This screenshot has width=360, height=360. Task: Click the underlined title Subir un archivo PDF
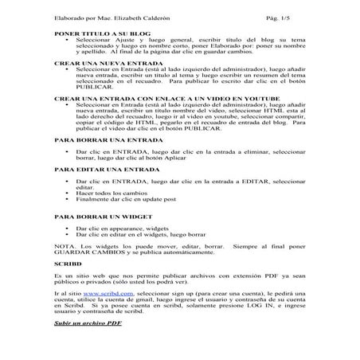click(87, 324)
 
